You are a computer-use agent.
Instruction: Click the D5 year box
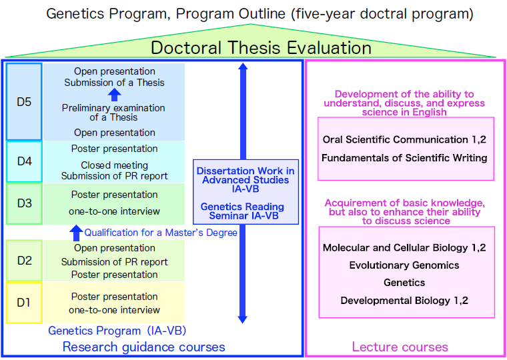click(24, 101)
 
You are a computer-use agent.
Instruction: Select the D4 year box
click(24, 161)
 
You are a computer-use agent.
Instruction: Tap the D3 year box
click(24, 203)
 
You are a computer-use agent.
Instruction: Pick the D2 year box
click(24, 260)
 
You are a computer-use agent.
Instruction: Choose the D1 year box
click(24, 302)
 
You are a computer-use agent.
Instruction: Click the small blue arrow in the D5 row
click(114, 95)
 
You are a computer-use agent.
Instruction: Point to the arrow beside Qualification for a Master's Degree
click(76, 233)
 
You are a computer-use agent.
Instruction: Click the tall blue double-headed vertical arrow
click(243, 193)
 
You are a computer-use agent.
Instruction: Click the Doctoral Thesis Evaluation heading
click(261, 48)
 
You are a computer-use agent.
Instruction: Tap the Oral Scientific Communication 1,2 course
click(404, 140)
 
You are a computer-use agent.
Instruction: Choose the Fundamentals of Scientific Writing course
click(404, 158)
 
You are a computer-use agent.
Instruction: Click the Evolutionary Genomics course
click(404, 265)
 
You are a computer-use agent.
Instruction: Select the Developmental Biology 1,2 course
click(404, 301)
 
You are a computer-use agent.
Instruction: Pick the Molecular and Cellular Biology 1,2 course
click(404, 248)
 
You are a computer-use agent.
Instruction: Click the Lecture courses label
click(400, 347)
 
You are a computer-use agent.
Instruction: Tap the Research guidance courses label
click(143, 347)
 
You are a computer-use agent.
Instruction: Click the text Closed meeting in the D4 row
click(114, 165)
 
